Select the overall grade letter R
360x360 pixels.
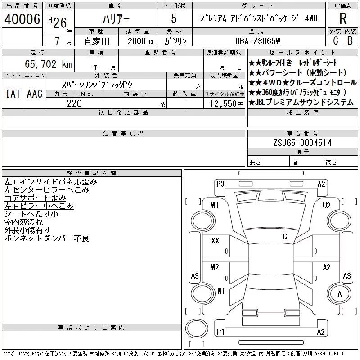342,18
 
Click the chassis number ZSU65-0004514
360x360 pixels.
302,143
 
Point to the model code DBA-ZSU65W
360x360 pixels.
264,41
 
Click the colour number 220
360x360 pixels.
74,103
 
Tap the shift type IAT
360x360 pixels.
13,94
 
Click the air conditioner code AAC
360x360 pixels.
34,94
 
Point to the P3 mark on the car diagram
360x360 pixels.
220,183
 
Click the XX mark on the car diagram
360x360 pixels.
215,241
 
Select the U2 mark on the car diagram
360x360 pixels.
327,206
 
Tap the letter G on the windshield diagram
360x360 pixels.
284,237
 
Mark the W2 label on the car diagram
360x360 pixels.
215,267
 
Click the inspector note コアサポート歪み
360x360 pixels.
35,198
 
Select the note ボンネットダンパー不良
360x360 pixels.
47,238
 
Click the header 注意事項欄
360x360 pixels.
123,134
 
